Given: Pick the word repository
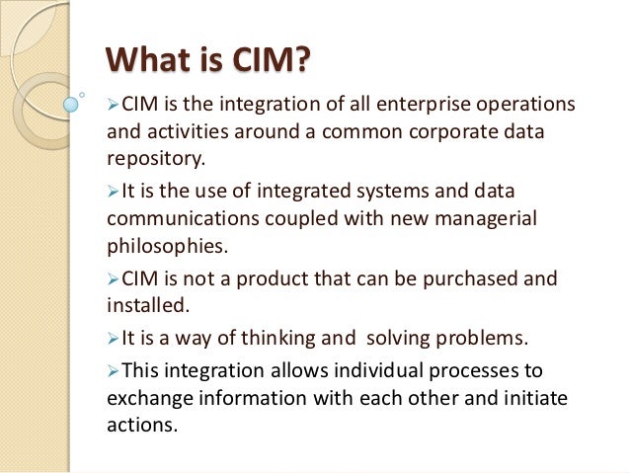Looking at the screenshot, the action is [155, 157].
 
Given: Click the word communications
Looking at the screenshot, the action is [180, 217].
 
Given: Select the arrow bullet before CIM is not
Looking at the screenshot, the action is [112, 278].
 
